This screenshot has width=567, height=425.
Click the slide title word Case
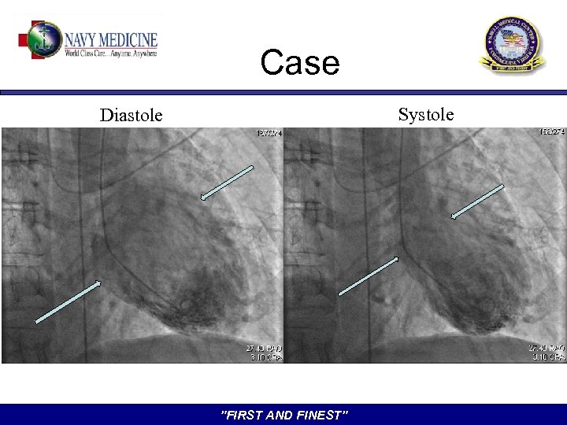(299, 63)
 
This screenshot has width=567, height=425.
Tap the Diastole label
(131, 116)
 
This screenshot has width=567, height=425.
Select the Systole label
(425, 115)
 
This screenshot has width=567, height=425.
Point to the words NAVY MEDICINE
(111, 39)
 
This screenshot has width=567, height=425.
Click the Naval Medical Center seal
(512, 45)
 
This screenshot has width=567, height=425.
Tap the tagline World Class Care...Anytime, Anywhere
(111, 54)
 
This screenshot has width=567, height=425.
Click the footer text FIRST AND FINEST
(283, 415)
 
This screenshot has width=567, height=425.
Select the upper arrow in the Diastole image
(227, 182)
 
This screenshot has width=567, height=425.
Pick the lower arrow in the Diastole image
(69, 301)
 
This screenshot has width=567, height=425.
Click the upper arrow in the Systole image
(477, 201)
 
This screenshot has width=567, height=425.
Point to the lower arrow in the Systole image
(369, 275)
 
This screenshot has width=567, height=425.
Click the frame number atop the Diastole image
(269, 134)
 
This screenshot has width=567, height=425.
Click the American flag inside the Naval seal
(512, 39)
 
